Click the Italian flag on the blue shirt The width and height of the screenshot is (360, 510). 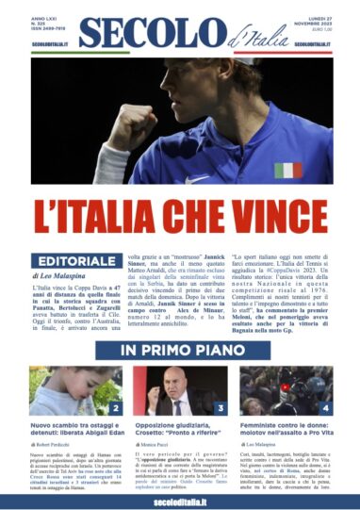click(287, 171)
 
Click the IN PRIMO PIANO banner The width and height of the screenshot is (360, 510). click(179, 349)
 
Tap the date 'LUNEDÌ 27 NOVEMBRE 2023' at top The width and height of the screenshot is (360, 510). click(316, 25)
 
